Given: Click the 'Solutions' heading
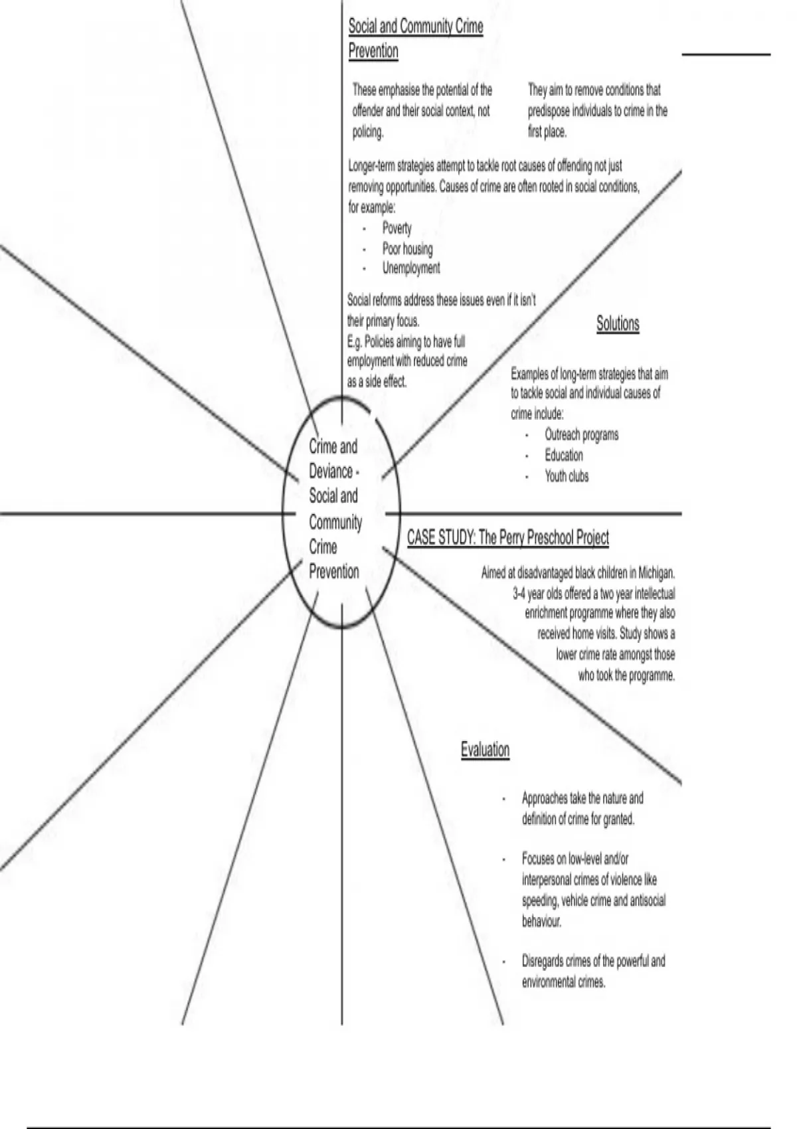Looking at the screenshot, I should [x=618, y=324].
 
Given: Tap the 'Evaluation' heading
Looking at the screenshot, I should [x=485, y=750].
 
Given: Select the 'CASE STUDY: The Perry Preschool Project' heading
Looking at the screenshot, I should [x=507, y=537].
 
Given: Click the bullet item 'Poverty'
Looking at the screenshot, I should [x=397, y=228].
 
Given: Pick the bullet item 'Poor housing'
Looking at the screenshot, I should [x=407, y=249].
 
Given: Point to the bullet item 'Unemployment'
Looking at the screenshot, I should [x=410, y=268].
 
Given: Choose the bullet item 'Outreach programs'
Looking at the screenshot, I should [x=581, y=435].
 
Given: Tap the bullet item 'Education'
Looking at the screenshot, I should [x=564, y=456].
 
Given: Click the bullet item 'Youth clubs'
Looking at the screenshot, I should [x=567, y=476].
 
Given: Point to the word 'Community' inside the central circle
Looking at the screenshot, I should [x=335, y=522].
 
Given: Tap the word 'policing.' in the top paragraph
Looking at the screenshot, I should [x=368, y=132].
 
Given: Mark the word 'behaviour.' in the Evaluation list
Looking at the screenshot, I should [x=541, y=921].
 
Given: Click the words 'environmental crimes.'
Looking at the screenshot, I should [x=563, y=982].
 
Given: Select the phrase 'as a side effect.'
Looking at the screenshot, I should [x=377, y=382].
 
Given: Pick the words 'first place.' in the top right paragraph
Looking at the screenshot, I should [x=547, y=132].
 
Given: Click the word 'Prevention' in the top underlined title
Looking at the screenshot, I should [x=373, y=51].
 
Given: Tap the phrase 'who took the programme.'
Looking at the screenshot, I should [x=626, y=676].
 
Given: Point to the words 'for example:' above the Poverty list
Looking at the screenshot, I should [x=372, y=207].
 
